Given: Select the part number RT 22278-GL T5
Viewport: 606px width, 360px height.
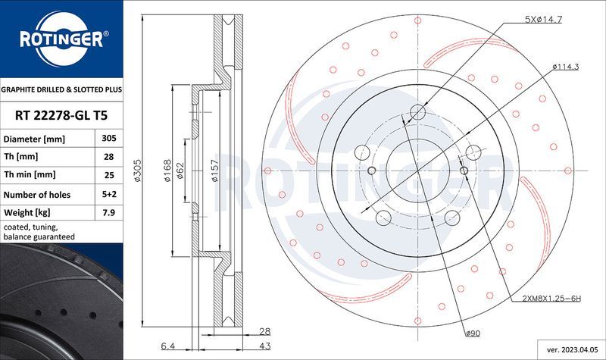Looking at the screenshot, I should pos(61,115).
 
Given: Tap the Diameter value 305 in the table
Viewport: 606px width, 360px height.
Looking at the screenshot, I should pos(108,139).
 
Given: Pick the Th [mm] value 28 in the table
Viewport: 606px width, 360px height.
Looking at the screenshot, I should pos(108,158).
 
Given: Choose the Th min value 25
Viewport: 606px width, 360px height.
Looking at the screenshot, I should pos(108,176).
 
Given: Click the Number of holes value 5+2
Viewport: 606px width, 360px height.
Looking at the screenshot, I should pos(108,195).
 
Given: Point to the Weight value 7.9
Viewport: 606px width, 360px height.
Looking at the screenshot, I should pos(108,213).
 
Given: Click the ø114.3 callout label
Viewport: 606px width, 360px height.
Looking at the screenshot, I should pos(565,67).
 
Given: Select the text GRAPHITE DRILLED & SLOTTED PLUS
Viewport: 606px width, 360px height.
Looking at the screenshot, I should pos(61,89).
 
